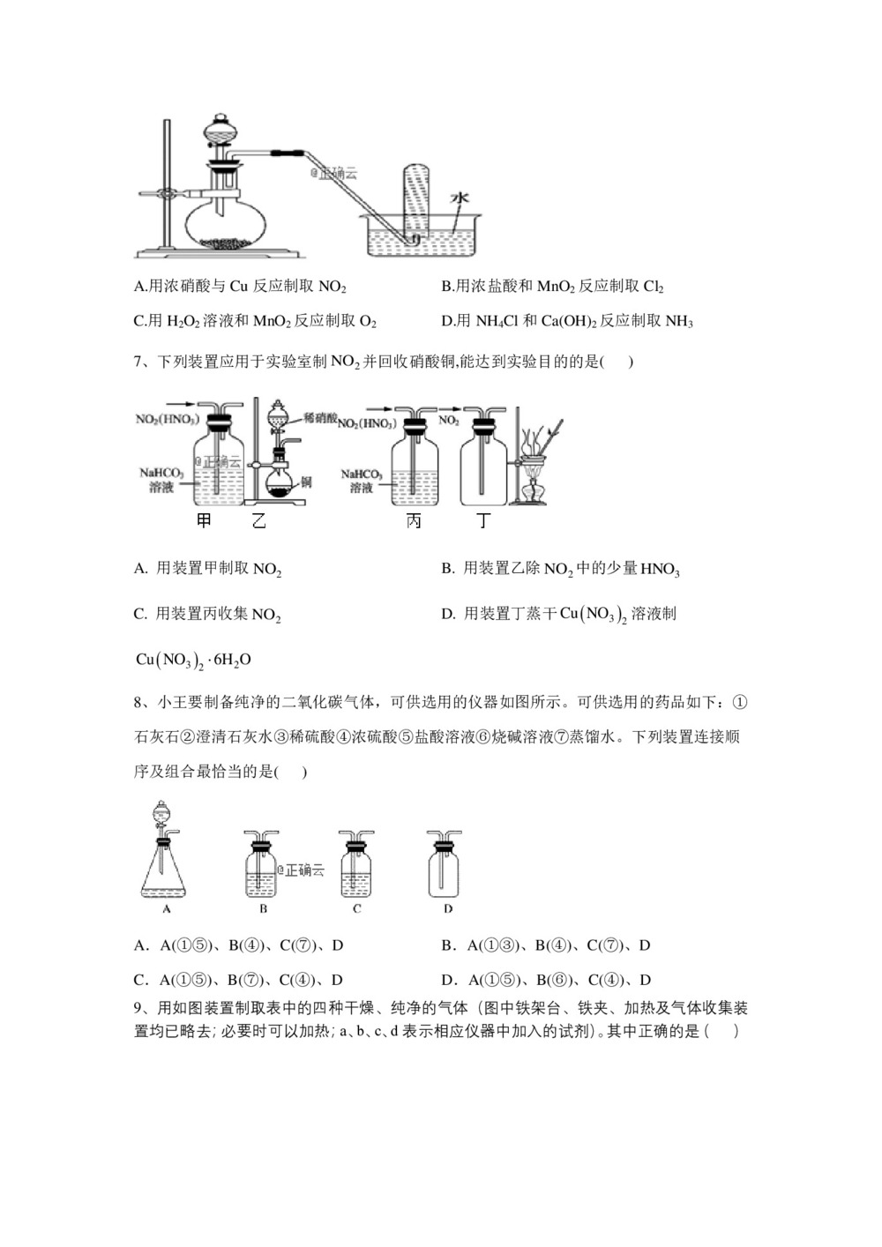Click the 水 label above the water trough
point(459,198)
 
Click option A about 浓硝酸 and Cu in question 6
point(239,287)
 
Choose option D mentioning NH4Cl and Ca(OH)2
point(566,322)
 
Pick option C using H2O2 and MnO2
point(255,322)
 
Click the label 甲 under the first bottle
point(204,520)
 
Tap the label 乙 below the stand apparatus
point(258,520)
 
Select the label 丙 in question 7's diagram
point(413,520)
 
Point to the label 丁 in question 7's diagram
point(482,520)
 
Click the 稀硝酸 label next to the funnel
point(321,417)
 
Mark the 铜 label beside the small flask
point(306,482)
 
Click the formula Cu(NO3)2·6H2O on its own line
point(193,660)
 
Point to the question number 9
point(138,1008)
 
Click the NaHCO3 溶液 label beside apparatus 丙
point(361,481)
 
